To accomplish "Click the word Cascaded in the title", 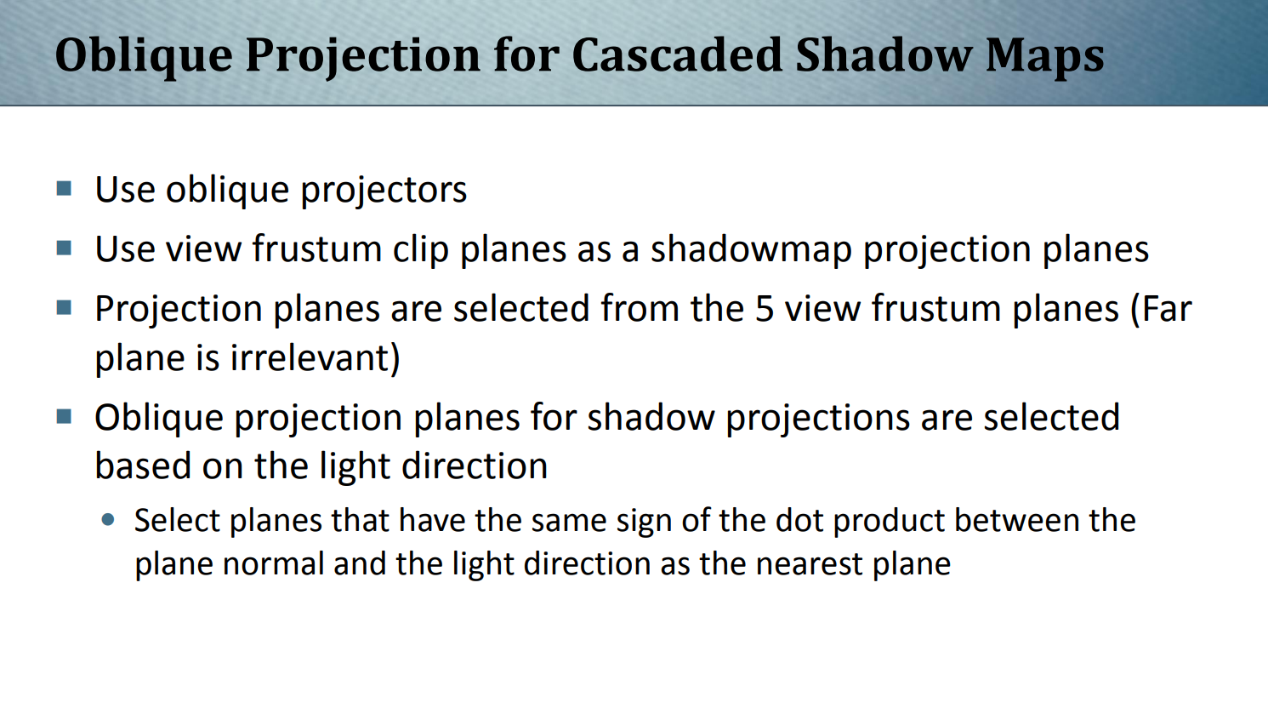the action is tap(677, 55).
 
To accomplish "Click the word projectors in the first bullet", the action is tap(384, 190).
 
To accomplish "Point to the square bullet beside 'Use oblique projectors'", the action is tap(64, 188).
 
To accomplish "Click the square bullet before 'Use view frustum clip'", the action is tap(64, 248).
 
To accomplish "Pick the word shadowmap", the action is tap(751, 249).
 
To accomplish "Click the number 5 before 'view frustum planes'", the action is tap(765, 310).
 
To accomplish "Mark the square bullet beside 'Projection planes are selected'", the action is tap(64, 308).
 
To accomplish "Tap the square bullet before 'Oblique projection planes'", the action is tap(64, 416).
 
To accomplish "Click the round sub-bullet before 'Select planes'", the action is tap(107, 520).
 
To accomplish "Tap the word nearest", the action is tap(809, 565).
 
